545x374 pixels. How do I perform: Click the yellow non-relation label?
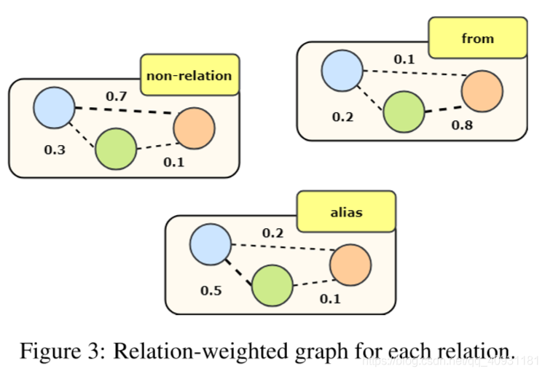click(x=189, y=75)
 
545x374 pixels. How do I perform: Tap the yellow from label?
click(x=477, y=38)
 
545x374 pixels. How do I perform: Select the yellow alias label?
click(x=346, y=213)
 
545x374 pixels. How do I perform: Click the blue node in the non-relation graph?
click(x=54, y=108)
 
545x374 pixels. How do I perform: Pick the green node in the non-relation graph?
click(x=116, y=149)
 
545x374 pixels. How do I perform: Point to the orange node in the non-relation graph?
click(x=194, y=128)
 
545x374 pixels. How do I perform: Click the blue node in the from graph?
click(x=342, y=71)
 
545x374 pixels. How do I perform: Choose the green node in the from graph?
click(x=404, y=112)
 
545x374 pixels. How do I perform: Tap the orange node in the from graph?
click(x=482, y=91)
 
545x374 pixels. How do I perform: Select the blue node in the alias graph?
click(x=211, y=244)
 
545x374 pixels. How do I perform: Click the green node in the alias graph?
click(x=272, y=284)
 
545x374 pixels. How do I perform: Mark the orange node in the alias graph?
click(x=350, y=265)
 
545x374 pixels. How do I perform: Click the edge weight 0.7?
click(x=116, y=96)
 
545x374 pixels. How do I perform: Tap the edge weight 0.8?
click(x=462, y=125)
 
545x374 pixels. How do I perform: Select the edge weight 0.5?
click(x=211, y=290)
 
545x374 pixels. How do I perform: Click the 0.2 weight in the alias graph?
click(x=272, y=233)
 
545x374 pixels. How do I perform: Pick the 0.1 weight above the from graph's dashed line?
click(x=404, y=58)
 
